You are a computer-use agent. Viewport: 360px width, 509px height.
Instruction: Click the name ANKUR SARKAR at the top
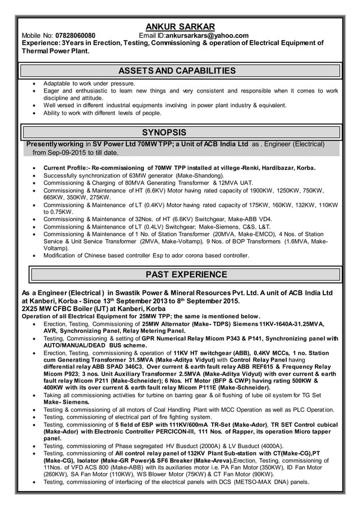coord(180,27)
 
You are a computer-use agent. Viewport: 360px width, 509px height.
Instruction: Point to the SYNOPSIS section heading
coord(164,133)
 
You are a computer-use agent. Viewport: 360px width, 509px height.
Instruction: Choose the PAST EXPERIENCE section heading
coord(186,275)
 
